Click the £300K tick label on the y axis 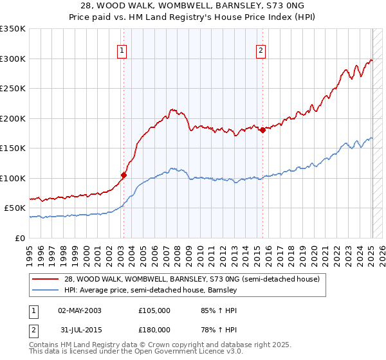coord(13,59)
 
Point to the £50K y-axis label coord(15,208)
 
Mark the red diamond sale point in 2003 coord(124,174)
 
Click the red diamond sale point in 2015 coord(262,130)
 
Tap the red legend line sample coord(47,279)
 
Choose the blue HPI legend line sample coord(47,291)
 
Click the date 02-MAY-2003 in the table coord(79,310)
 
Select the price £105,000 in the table coord(154,310)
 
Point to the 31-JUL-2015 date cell coord(79,329)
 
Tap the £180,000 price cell coord(154,329)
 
